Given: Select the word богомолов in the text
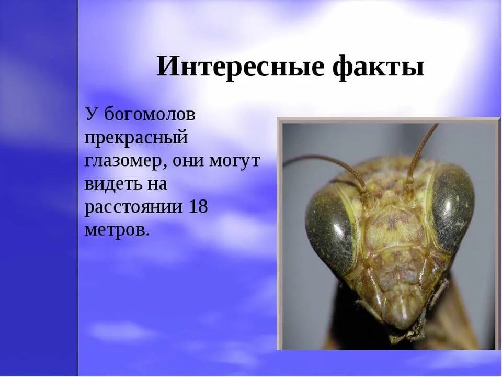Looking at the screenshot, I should click(150, 114).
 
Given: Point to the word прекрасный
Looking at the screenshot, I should click(136, 138).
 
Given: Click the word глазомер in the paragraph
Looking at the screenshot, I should click(123, 161).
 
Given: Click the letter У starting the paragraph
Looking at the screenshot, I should click(92, 114).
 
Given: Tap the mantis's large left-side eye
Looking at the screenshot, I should click(329, 230).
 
